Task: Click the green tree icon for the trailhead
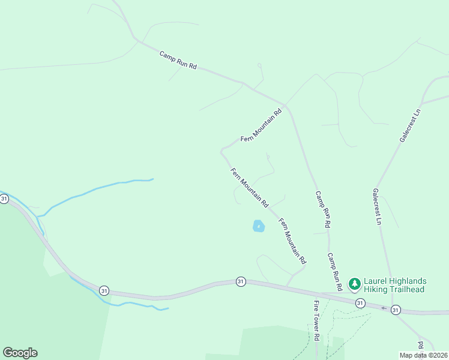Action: (354, 283)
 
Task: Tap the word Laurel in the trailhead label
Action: (377, 281)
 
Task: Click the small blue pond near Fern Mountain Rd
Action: (258, 226)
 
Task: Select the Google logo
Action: (20, 353)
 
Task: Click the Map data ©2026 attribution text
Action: (422, 355)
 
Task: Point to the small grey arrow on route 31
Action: (384, 308)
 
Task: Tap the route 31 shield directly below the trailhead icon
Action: (359, 304)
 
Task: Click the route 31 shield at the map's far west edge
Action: (4, 199)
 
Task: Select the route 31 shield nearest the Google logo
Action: (104, 290)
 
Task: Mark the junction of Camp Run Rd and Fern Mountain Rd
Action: (287, 106)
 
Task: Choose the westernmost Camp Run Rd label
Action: (178, 60)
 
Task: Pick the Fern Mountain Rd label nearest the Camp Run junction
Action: (261, 125)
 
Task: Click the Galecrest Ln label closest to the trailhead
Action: (377, 207)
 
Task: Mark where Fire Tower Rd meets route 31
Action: (318, 295)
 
